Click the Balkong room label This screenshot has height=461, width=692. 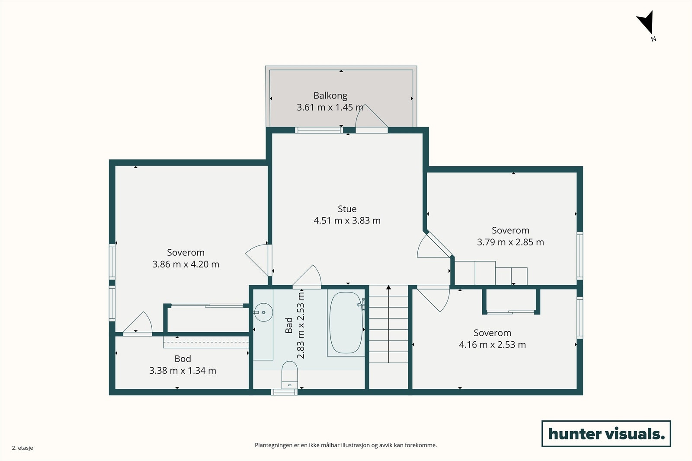click(x=330, y=95)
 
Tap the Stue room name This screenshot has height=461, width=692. click(x=347, y=209)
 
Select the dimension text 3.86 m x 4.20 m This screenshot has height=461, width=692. click(x=186, y=264)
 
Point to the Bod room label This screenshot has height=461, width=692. click(x=183, y=359)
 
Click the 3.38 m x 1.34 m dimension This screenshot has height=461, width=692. click(x=183, y=370)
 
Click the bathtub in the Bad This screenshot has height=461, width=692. click(x=346, y=322)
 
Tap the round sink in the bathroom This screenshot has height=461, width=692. click(x=263, y=312)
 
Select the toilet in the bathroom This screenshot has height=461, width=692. click(x=290, y=375)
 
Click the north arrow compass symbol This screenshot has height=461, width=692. click(x=646, y=25)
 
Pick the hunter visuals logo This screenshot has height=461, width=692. click(x=606, y=433)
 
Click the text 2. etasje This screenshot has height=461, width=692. click(x=22, y=448)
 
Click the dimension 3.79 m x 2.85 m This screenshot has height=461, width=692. click(x=510, y=242)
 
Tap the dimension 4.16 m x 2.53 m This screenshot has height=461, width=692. click(x=493, y=344)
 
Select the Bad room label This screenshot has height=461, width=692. click(x=288, y=325)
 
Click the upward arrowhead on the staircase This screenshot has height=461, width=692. click(x=389, y=287)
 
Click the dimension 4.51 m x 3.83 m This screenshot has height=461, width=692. click(x=347, y=220)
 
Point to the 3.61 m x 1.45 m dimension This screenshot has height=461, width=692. click(x=330, y=108)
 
